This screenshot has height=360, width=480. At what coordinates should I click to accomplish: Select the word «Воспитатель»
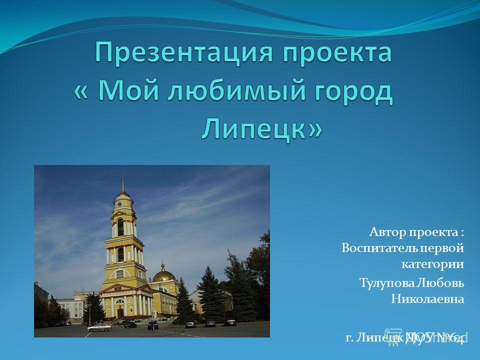tap(379, 248)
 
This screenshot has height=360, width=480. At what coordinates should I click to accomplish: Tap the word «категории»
tap(432, 264)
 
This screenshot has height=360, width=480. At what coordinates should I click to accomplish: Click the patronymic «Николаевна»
tap(427, 299)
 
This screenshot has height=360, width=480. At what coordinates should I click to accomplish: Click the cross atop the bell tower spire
tap(123, 175)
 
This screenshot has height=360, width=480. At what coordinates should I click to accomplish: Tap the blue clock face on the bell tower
tap(119, 204)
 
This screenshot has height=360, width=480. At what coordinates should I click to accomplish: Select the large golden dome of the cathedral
tap(164, 276)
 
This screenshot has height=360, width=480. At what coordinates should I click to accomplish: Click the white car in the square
tap(99, 327)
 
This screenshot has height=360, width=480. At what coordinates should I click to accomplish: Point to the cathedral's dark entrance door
tap(120, 313)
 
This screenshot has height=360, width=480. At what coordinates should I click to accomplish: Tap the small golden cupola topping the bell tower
tap(123, 194)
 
